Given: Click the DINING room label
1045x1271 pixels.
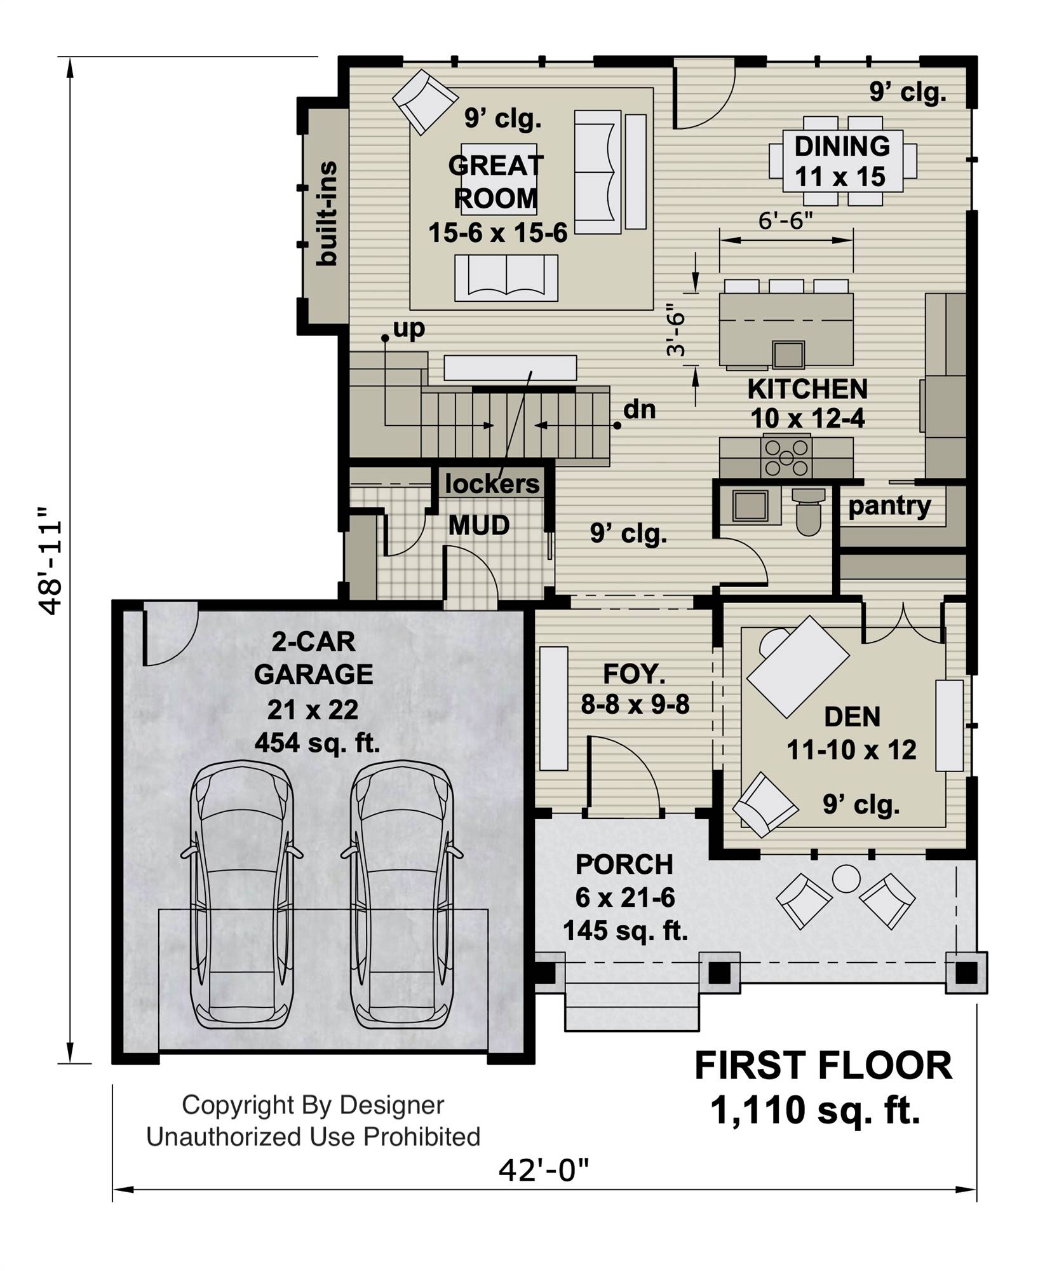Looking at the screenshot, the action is pyautogui.click(x=842, y=146).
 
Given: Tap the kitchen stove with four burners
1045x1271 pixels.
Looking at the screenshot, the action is pyautogui.click(x=787, y=456).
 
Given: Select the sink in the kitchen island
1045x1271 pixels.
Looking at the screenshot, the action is pyautogui.click(x=789, y=354).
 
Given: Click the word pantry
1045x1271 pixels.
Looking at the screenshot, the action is pyautogui.click(x=889, y=506).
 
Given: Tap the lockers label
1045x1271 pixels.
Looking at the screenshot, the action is pyautogui.click(x=492, y=484).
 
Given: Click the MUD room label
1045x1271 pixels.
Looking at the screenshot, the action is pyautogui.click(x=479, y=526).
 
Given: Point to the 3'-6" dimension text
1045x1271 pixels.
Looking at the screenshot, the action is pyautogui.click(x=677, y=333).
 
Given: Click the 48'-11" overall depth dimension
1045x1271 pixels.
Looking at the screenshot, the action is pyautogui.click(x=50, y=561).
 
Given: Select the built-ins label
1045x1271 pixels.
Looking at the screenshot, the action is pyautogui.click(x=327, y=213).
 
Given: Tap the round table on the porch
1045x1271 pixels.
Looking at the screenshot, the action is pyautogui.click(x=846, y=879).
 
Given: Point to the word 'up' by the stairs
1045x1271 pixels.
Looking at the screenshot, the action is pyautogui.click(x=409, y=329).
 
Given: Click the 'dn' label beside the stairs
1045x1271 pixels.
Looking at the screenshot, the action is pyautogui.click(x=640, y=409).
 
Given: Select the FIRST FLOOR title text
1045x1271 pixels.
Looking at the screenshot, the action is pyautogui.click(x=823, y=1066).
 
